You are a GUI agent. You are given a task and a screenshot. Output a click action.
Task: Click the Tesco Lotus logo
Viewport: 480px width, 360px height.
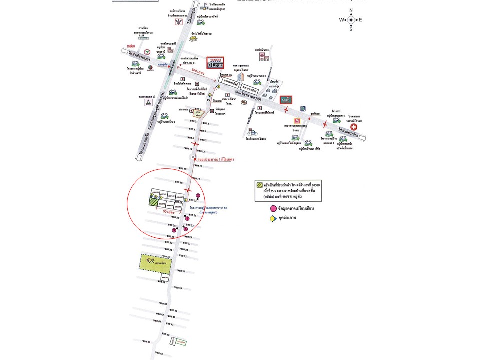coord(215,62)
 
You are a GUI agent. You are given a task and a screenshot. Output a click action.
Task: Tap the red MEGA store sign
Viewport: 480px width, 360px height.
coord(285,99)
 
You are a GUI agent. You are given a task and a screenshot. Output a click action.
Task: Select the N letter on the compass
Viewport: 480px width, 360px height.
coord(351,10)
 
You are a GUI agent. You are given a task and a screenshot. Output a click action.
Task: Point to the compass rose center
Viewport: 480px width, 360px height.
coord(351,20)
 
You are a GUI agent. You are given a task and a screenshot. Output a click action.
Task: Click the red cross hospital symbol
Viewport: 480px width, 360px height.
coord(353,127)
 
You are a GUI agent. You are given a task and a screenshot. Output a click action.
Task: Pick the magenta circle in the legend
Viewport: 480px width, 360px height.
coord(273,208)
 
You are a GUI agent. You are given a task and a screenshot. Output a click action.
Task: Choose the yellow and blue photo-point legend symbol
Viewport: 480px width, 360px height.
coord(273,218)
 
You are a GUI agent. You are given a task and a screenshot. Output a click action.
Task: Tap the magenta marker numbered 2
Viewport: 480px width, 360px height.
coord(198,195)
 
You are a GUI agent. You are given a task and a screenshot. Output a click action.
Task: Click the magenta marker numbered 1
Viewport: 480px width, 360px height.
coord(187,218)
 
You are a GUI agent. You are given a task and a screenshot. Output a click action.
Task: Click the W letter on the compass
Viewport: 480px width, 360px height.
coord(342,20)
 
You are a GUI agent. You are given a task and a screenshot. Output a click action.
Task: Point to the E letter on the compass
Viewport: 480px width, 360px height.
coord(360,20)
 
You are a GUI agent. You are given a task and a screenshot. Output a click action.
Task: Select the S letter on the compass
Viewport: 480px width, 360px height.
coord(351,29)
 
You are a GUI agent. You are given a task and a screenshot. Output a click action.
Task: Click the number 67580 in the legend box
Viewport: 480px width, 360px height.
coord(312,185)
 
